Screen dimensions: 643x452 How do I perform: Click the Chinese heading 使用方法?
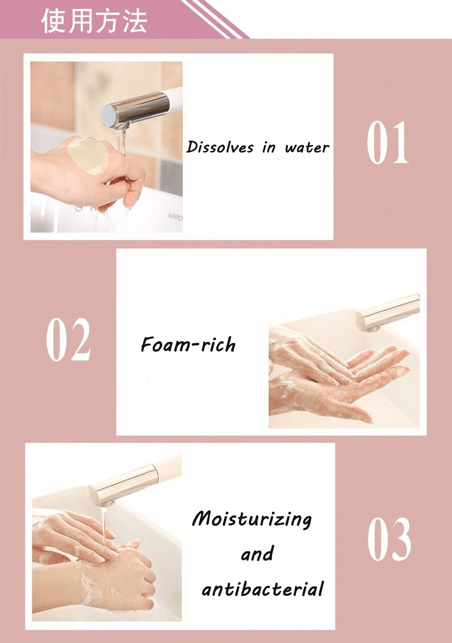click(94, 21)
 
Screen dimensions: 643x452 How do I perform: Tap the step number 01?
click(388, 143)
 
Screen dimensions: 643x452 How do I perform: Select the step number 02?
click(69, 340)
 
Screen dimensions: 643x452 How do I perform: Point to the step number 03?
click(389, 539)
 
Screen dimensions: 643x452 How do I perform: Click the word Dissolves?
click(220, 147)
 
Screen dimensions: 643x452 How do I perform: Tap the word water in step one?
click(307, 148)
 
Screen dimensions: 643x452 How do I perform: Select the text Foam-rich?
click(188, 344)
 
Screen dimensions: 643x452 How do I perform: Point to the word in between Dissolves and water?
click(269, 148)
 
